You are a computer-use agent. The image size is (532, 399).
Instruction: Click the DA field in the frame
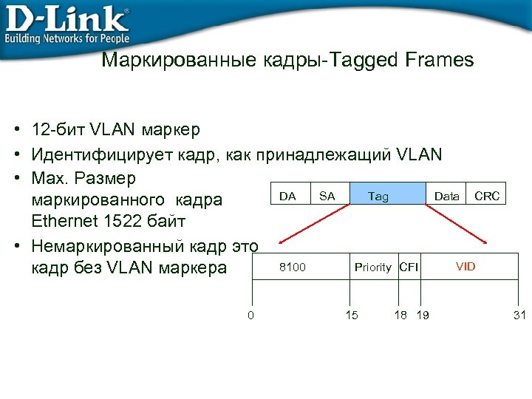(x=288, y=196)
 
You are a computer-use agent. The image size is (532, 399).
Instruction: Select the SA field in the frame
(x=327, y=196)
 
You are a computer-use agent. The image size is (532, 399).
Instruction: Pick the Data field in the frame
(x=447, y=196)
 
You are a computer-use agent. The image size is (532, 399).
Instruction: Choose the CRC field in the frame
(x=487, y=196)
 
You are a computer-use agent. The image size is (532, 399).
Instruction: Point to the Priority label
(x=372, y=267)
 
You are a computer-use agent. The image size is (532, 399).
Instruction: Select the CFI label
(x=409, y=267)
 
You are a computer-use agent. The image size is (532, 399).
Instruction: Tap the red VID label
(x=465, y=266)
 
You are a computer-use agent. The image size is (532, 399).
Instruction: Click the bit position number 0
(x=250, y=316)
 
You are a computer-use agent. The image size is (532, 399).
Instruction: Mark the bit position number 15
(x=352, y=316)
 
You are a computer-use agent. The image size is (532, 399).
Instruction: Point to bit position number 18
(x=400, y=316)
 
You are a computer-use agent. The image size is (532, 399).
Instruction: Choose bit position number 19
(x=423, y=316)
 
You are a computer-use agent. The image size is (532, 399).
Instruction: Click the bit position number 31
(x=519, y=316)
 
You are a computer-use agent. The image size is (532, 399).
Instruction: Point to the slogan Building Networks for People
(x=68, y=38)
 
